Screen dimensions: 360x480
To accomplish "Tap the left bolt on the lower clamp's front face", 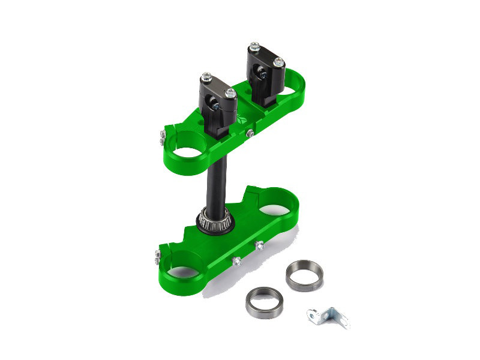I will [x=236, y=261].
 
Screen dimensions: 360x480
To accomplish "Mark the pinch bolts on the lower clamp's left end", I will [x=158, y=256].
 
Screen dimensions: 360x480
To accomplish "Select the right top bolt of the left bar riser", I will [x=231, y=92].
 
